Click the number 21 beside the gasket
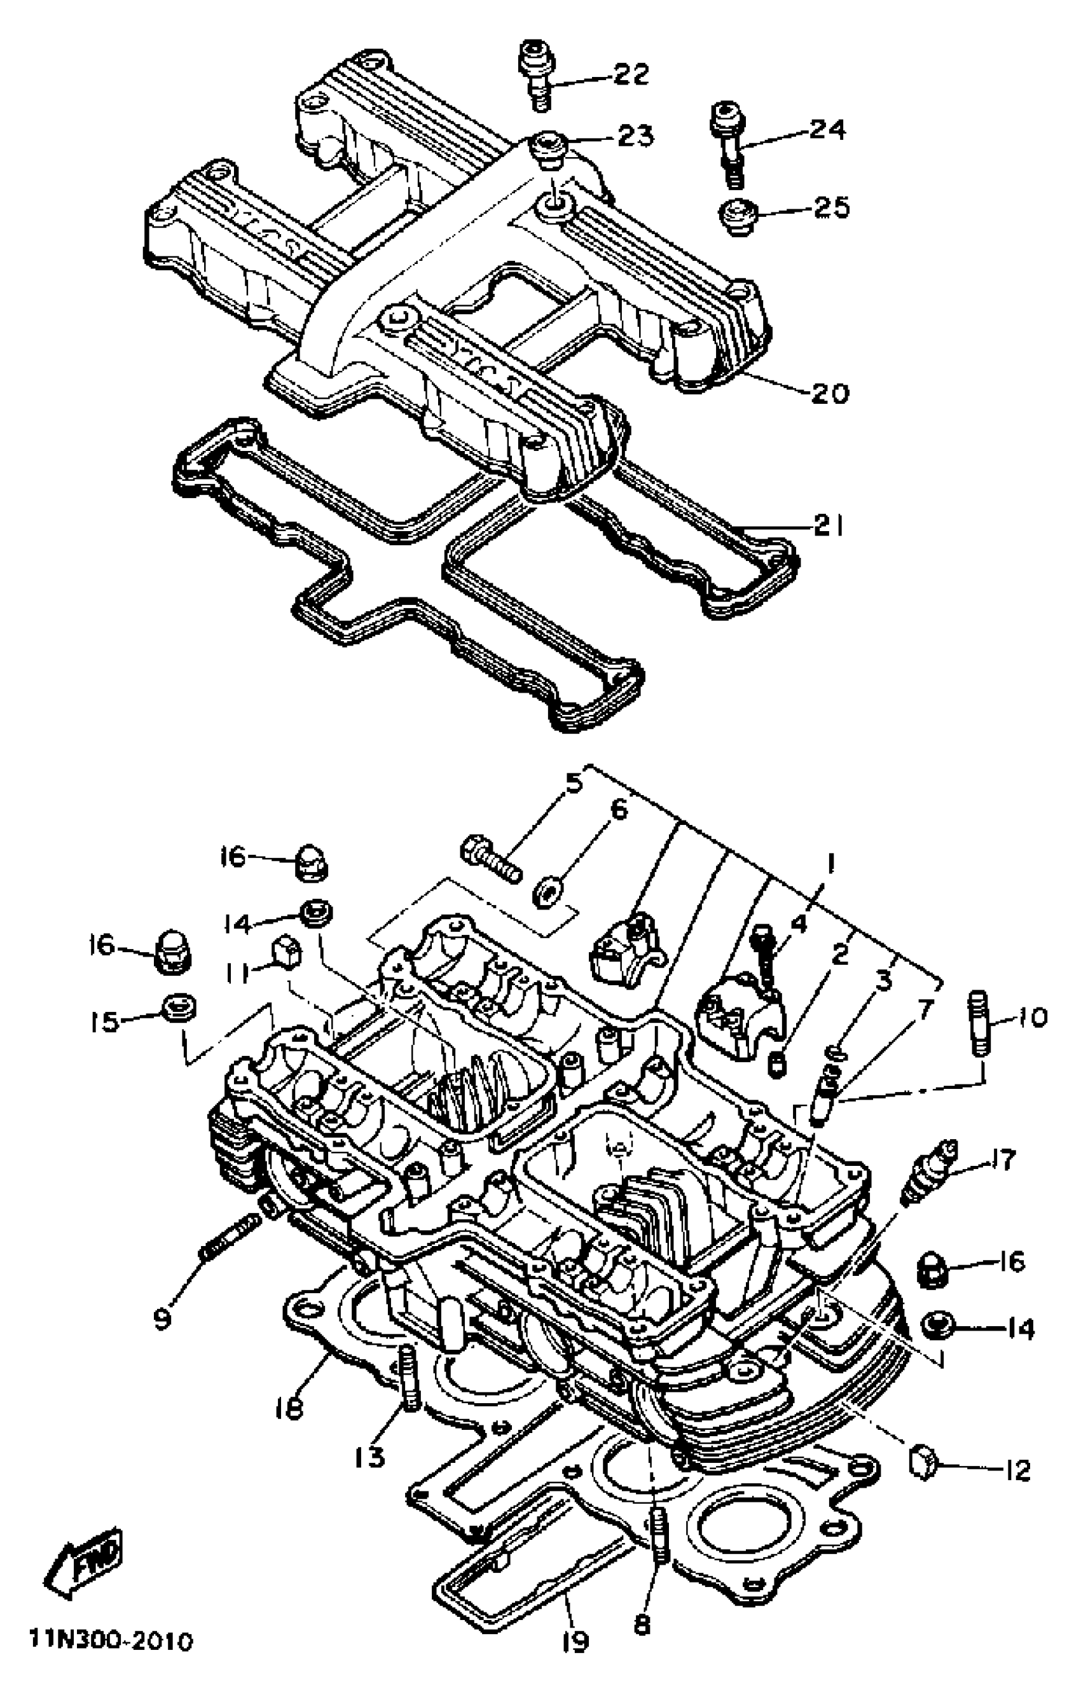click(x=827, y=526)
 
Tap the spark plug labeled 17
click(x=929, y=1174)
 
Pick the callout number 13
click(x=370, y=1454)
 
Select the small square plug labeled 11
click(x=287, y=955)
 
